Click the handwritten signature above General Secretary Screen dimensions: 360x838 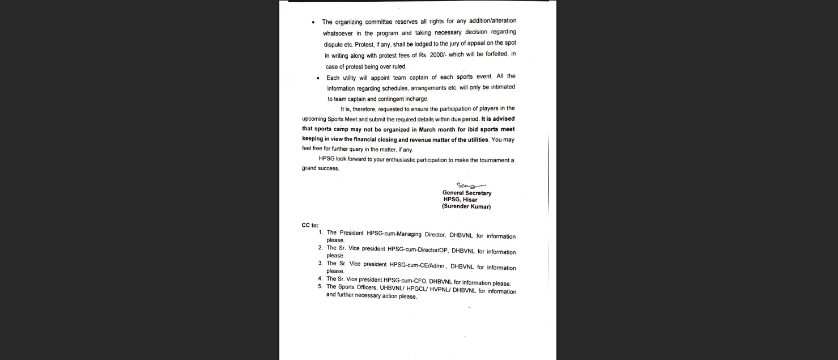470,185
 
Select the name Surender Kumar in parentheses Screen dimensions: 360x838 466,207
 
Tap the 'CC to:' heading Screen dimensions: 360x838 310,225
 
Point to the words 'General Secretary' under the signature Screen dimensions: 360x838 467,193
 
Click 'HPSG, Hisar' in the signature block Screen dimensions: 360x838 460,200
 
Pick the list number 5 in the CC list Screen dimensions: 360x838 320,286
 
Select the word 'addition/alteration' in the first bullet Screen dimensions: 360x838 488,21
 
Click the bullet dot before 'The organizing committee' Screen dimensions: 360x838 313,23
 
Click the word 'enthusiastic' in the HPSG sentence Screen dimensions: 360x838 407,160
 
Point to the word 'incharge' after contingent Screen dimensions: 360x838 415,99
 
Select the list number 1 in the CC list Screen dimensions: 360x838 321,232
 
